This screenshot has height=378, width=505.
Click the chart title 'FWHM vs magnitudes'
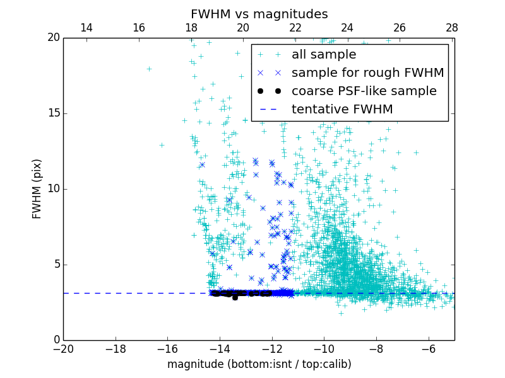pyautogui.click(x=259, y=14)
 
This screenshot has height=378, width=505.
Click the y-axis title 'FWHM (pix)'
pyautogui.click(x=37, y=188)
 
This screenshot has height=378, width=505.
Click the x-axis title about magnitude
pyautogui.click(x=259, y=364)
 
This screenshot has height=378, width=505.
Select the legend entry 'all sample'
pyautogui.click(x=324, y=55)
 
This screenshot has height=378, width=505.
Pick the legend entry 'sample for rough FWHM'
pyautogui.click(x=367, y=73)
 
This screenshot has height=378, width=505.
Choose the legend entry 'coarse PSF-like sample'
pyautogui.click(x=364, y=91)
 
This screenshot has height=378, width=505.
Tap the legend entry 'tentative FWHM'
pyautogui.click(x=342, y=110)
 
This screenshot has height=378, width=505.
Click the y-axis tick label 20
pyautogui.click(x=52, y=38)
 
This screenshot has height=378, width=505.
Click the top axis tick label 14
pyautogui.click(x=86, y=28)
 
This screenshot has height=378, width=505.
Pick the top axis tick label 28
pyautogui.click(x=451, y=28)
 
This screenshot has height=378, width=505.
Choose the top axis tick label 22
pyautogui.click(x=295, y=28)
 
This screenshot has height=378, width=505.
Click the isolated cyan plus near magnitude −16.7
pyautogui.click(x=149, y=69)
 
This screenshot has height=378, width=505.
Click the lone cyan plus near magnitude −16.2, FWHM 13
pyautogui.click(x=162, y=145)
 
